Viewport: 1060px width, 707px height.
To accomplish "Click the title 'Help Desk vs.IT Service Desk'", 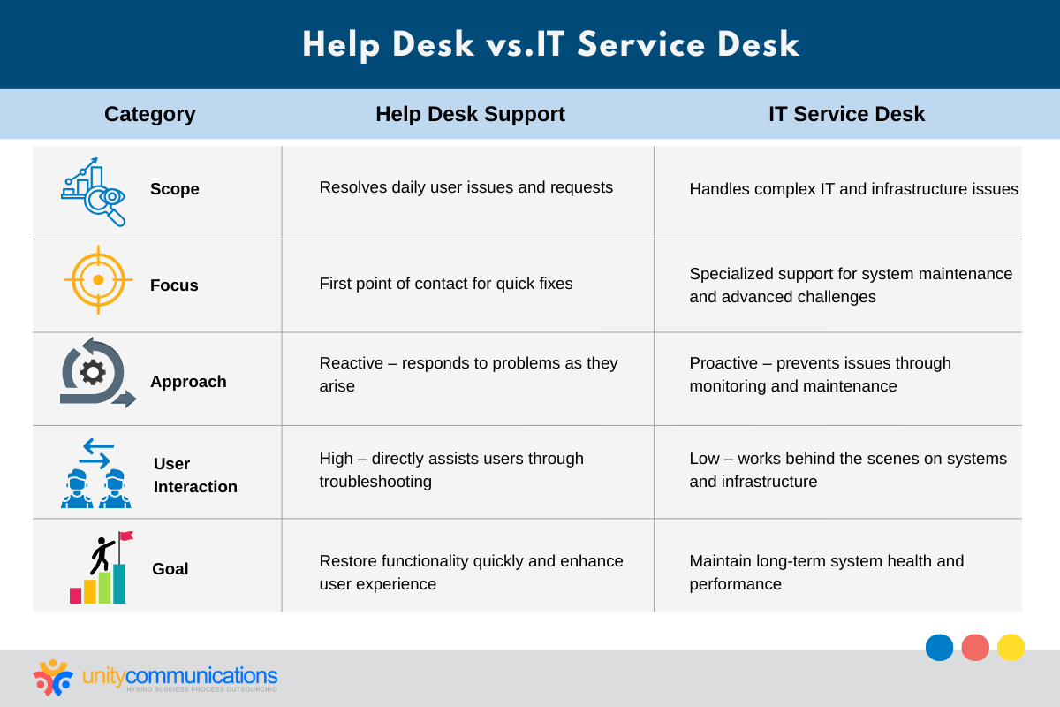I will tap(550, 45).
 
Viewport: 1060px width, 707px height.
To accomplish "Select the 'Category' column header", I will tap(149, 114).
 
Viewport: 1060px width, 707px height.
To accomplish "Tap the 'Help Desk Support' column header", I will tap(470, 114).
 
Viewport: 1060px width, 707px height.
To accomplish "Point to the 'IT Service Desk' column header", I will tap(846, 114).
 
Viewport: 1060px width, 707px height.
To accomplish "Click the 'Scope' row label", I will tap(174, 189).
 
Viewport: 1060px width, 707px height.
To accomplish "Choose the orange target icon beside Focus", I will tap(98, 279).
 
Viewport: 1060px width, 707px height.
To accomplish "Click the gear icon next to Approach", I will tap(93, 372).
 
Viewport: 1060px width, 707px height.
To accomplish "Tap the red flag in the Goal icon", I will tap(126, 536).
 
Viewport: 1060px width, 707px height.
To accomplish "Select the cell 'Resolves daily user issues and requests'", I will tap(466, 187).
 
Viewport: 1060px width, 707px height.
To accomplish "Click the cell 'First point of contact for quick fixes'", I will tap(445, 284).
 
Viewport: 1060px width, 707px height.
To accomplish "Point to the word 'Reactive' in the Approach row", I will tap(352, 363).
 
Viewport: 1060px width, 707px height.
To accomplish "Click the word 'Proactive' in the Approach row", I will tap(724, 363).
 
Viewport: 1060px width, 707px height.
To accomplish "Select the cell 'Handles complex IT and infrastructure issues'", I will tap(853, 189).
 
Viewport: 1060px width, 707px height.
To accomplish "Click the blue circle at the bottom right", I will tap(940, 648).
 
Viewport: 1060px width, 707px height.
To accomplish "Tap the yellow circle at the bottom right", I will tap(1011, 648).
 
